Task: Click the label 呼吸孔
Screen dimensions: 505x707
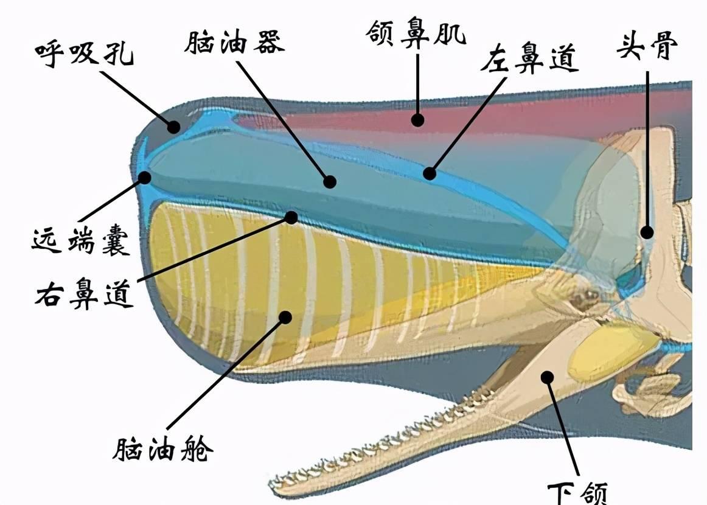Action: pos(83,52)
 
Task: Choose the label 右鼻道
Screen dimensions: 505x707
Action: pos(84,294)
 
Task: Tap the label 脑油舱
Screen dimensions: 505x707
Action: pos(163,450)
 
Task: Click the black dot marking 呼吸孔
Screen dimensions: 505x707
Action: pos(174,127)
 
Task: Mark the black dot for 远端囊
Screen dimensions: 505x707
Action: pos(145,177)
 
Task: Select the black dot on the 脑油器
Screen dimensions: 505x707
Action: pos(330,181)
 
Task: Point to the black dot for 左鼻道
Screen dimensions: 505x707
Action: pos(430,173)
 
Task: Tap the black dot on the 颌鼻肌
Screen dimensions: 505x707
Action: pos(417,119)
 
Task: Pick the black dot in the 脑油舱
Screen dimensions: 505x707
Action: pos(285,316)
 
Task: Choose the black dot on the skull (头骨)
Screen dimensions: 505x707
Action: pos(647,232)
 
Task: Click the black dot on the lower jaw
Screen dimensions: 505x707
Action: pos(548,377)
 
